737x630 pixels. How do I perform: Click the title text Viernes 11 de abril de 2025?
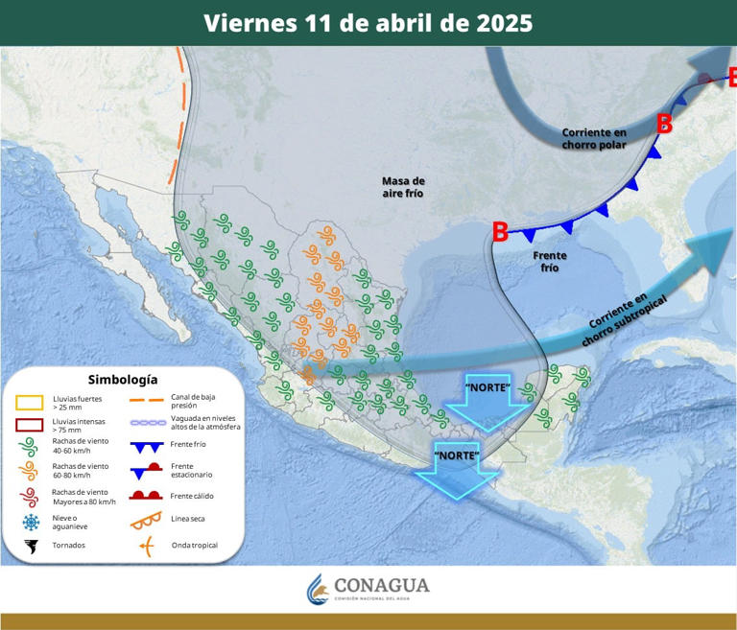pyautogui.click(x=368, y=23)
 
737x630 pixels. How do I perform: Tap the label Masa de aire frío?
pyautogui.click(x=402, y=187)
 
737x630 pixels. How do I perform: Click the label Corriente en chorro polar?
pyautogui.click(x=594, y=138)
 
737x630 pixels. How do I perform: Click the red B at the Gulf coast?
pyautogui.click(x=500, y=231)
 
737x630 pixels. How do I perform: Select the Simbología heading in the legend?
pyautogui.click(x=123, y=379)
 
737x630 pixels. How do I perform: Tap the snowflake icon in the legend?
pyautogui.click(x=31, y=522)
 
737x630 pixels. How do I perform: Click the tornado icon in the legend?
pyautogui.click(x=31, y=547)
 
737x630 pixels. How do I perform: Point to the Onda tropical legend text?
pyautogui.click(x=194, y=546)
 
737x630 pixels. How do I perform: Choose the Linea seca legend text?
pyautogui.click(x=191, y=520)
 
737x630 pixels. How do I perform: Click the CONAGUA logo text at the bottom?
pyautogui.click(x=381, y=585)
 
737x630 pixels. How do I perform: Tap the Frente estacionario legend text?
pyautogui.click(x=191, y=470)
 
